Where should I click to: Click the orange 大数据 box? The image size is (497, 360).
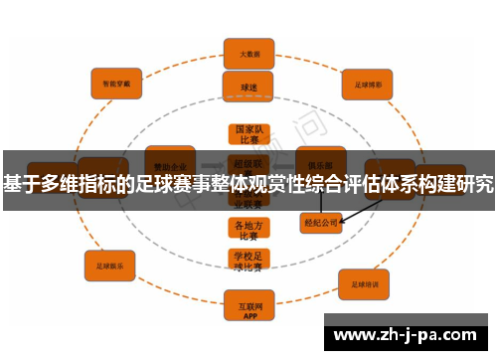coord(248,54)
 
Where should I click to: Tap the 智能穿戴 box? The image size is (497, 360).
coord(116,84)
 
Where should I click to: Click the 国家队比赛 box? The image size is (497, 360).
coord(248,135)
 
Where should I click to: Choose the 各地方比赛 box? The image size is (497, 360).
coord(248,230)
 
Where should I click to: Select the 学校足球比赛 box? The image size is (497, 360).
coord(248,261)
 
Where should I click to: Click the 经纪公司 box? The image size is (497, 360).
coord(321,223)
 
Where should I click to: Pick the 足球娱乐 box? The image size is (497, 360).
coord(109,266)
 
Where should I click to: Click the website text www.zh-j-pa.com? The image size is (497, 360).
coord(408,333)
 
